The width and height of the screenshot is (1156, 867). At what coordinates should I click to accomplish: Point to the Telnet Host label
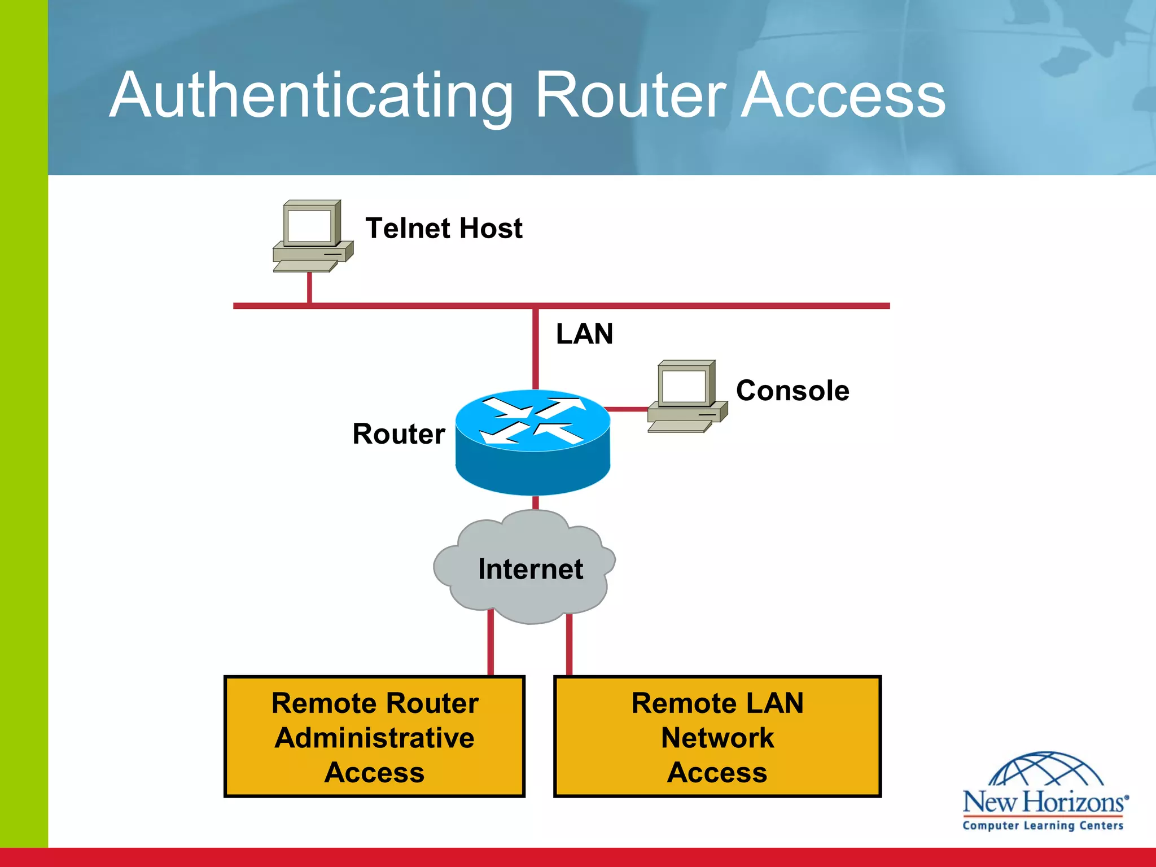444,228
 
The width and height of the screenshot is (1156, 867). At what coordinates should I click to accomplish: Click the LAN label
584,334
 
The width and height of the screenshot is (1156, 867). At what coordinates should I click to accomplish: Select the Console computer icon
686,396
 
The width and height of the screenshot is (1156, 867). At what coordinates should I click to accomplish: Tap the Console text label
792,391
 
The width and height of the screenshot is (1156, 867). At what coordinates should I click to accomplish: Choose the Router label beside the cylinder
399,433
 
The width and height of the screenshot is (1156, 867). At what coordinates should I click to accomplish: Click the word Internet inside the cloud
530,569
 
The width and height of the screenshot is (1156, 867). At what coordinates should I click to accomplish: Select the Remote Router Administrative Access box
374,737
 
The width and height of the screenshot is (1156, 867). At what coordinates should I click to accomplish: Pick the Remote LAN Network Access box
717,737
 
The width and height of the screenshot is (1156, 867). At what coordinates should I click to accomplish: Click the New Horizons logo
1044,793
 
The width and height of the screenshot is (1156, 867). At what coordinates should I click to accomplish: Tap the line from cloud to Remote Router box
491,643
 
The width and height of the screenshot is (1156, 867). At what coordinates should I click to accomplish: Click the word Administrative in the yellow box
374,738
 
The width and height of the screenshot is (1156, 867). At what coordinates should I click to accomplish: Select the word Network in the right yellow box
717,738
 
